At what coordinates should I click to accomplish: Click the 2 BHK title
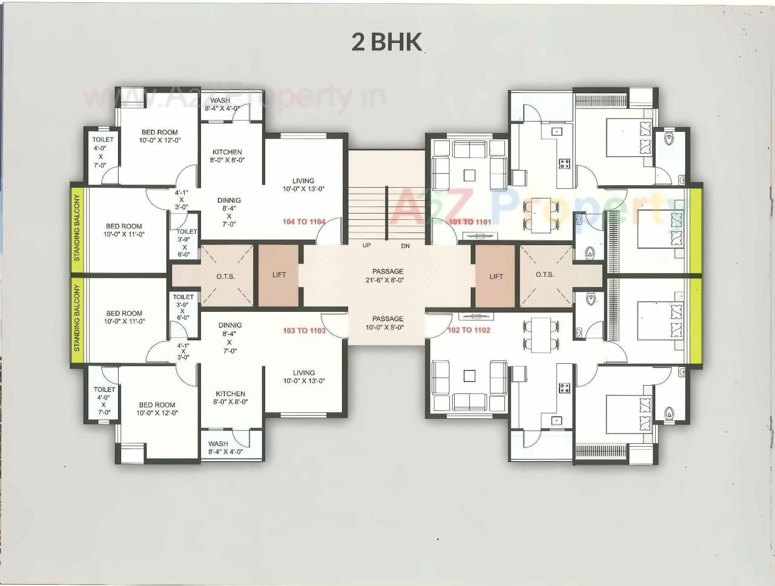pyautogui.click(x=386, y=42)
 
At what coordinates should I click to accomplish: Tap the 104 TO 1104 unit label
pyautogui.click(x=304, y=222)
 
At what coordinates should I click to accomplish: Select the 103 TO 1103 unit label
pyautogui.click(x=304, y=331)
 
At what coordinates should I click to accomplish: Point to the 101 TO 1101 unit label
pyautogui.click(x=470, y=222)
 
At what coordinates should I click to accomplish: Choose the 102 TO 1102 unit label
pyautogui.click(x=469, y=330)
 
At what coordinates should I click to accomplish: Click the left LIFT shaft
pyautogui.click(x=279, y=275)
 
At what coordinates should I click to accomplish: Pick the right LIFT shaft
pyautogui.click(x=496, y=276)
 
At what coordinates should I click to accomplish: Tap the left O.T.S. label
pyautogui.click(x=226, y=276)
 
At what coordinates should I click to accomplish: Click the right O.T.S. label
pyautogui.click(x=545, y=274)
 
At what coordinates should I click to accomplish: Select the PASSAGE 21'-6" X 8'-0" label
pyautogui.click(x=387, y=275)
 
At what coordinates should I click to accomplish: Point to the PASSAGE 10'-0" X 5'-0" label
pyautogui.click(x=387, y=323)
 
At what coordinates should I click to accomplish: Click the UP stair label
pyautogui.click(x=366, y=245)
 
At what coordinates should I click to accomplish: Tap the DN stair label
pyautogui.click(x=405, y=246)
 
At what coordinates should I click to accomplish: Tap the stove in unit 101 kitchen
pyautogui.click(x=564, y=162)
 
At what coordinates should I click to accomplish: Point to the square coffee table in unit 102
pyautogui.click(x=469, y=376)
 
